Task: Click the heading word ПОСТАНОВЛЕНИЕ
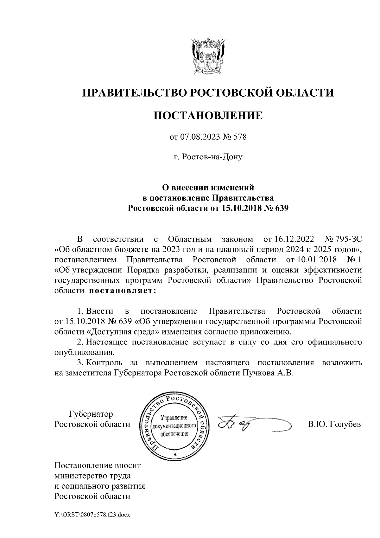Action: pos(208,115)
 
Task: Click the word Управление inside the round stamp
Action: pos(174,418)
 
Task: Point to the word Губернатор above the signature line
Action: pos(91,414)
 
